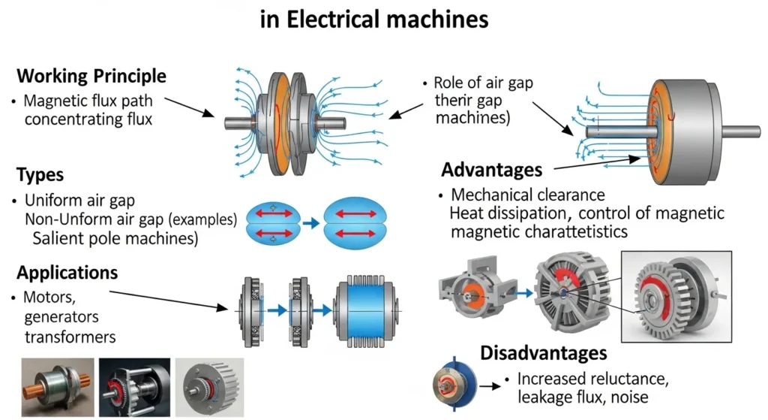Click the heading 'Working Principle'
pyautogui.click(x=91, y=77)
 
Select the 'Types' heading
pyautogui.click(x=40, y=175)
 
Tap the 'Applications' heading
pyautogui.click(x=67, y=272)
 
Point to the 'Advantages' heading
pyautogui.click(x=491, y=169)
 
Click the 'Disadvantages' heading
pyautogui.click(x=544, y=352)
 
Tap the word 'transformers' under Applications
pyautogui.click(x=70, y=337)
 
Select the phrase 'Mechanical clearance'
pyautogui.click(x=527, y=195)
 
